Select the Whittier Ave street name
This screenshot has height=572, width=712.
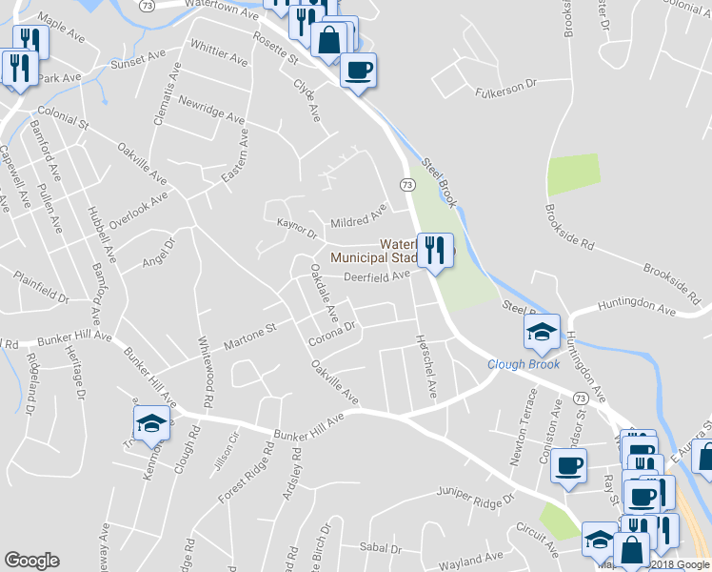219,53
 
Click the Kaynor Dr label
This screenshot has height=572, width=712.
296,230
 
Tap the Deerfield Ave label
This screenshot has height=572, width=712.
376,276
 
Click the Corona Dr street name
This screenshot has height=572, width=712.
331,333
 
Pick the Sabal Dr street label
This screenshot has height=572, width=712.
381,548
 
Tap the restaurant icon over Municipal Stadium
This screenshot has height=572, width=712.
435,251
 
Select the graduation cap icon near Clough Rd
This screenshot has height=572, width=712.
151,421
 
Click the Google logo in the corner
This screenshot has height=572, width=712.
31,561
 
